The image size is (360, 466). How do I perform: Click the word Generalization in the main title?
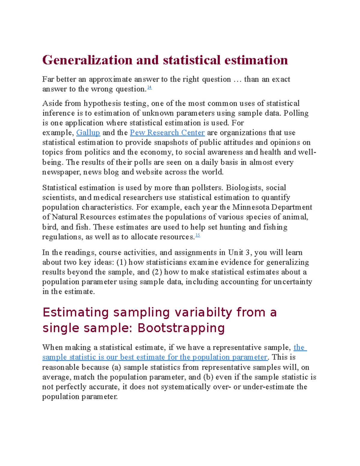coord(87,60)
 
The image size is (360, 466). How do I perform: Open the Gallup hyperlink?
coord(88,133)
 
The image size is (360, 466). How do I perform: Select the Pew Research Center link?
coord(167,133)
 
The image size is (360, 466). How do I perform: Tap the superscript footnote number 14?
coord(150,88)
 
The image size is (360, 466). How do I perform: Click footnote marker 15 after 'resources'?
coord(198,235)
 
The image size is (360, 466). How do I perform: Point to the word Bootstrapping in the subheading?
coord(181,328)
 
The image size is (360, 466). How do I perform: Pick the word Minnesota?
coord(251,207)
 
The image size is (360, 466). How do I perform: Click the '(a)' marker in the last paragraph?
coord(116,367)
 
